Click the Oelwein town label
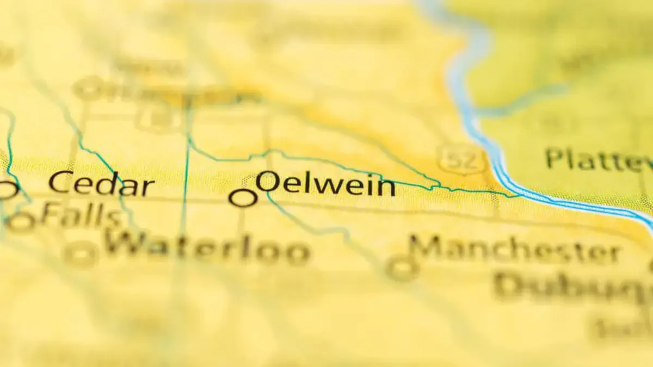pyautogui.click(x=325, y=185)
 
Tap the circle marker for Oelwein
pyautogui.click(x=243, y=198)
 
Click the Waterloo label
pyautogui.click(x=207, y=248)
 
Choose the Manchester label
pyautogui.click(x=515, y=251)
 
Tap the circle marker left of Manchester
pyautogui.click(x=402, y=268)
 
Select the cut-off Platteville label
pyautogui.click(x=599, y=160)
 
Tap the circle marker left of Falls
pyautogui.click(x=21, y=222)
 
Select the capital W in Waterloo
pyautogui.click(x=127, y=246)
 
